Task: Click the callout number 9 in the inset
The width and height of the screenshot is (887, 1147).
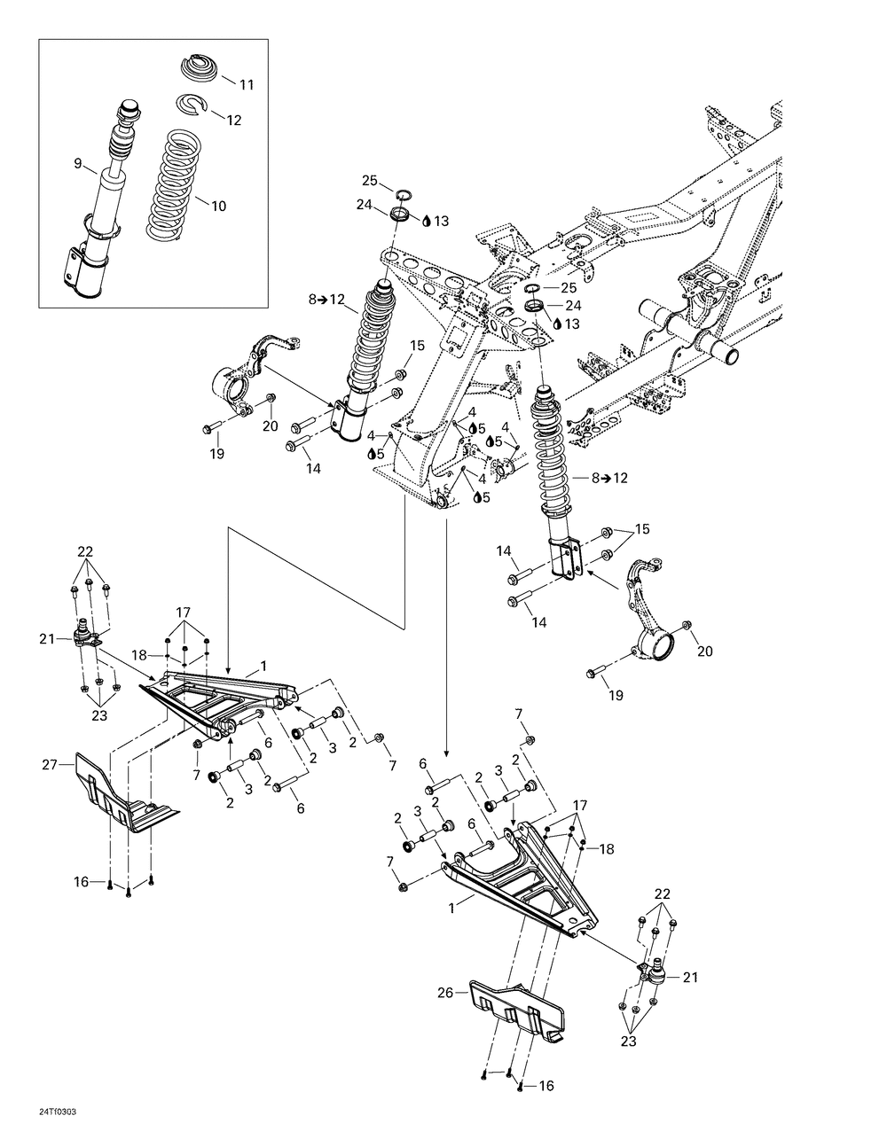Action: (x=77, y=162)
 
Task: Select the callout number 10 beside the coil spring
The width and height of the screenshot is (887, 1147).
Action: (x=218, y=206)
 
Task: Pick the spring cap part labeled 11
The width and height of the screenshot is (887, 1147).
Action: (x=200, y=68)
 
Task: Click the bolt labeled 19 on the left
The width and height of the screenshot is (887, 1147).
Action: (x=209, y=429)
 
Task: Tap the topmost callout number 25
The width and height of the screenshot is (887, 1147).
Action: (x=369, y=181)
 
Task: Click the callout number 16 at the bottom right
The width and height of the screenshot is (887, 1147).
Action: (x=546, y=1086)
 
